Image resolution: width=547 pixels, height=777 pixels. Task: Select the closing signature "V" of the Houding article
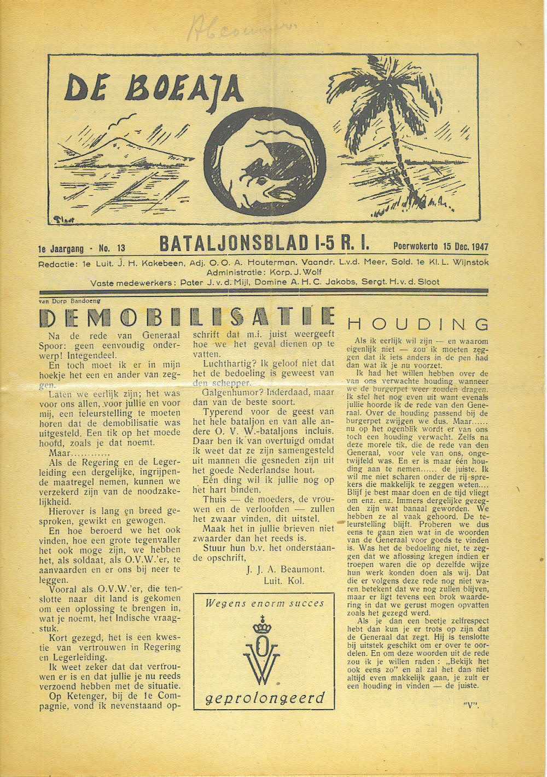point(470,704)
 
